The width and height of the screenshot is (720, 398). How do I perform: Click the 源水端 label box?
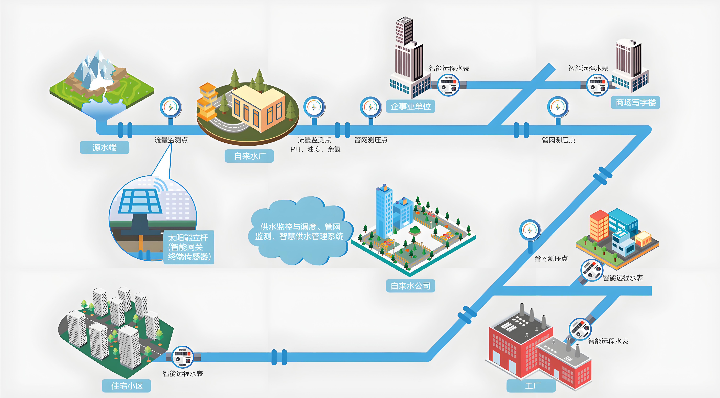coord(105,147)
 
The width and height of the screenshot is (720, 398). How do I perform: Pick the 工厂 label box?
coord(531,386)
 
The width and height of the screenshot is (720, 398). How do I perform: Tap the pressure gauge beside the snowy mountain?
coord(170,107)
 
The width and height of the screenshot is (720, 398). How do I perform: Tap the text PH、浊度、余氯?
coord(315,149)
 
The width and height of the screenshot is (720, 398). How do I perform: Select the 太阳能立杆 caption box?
coord(189,247)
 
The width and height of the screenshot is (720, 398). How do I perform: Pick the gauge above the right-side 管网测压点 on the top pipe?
coord(558,107)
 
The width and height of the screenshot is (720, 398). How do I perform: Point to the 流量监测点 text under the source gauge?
coord(171,140)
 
